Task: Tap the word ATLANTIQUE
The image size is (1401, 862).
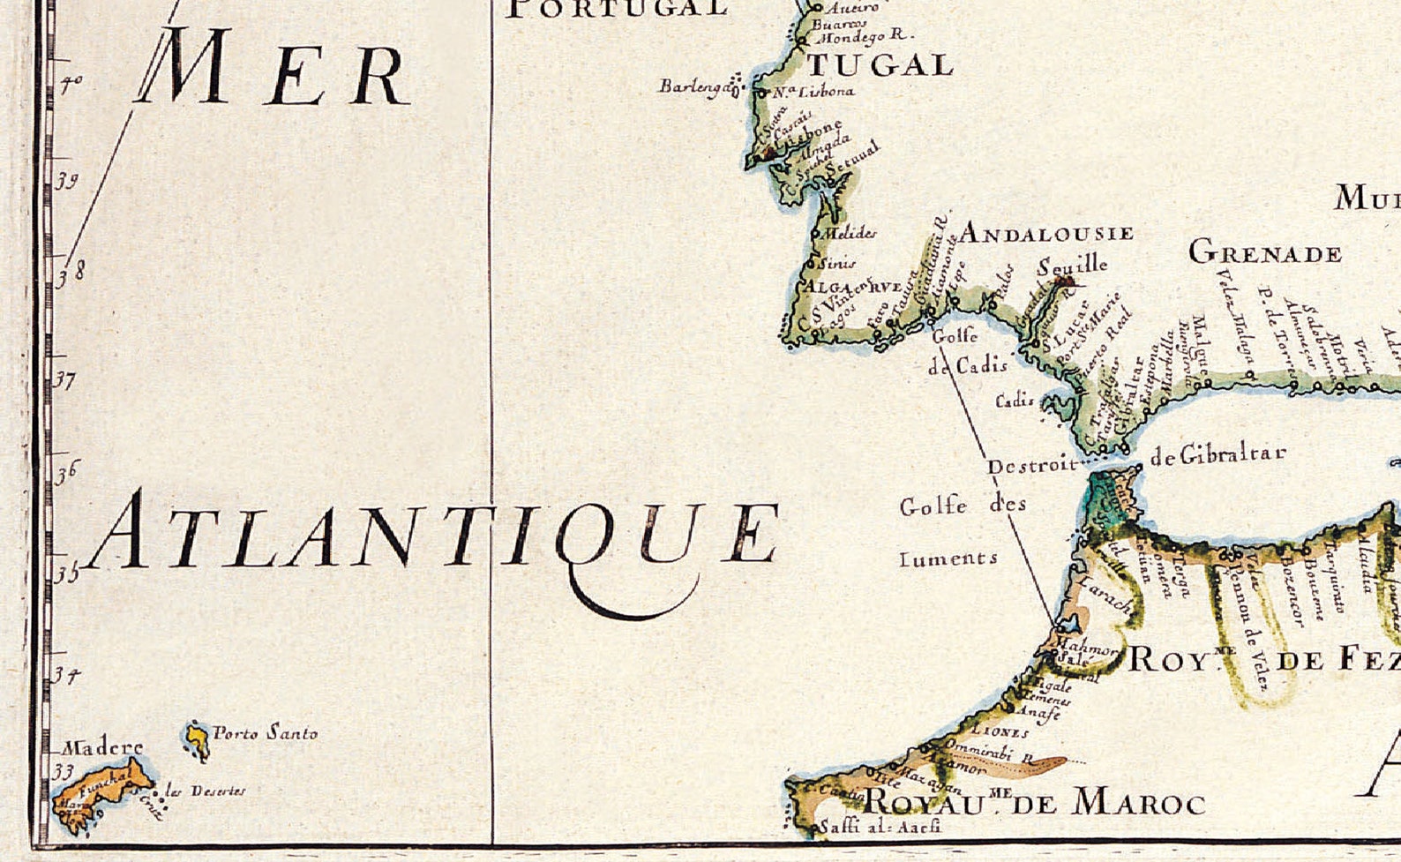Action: click(x=432, y=536)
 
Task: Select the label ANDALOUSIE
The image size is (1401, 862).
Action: click(x=1045, y=234)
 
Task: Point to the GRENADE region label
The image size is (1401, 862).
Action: click(x=1264, y=253)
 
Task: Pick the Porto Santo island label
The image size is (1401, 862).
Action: click(x=265, y=732)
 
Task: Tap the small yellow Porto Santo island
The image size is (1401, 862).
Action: click(x=198, y=739)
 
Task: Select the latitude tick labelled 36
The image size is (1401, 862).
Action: click(x=67, y=473)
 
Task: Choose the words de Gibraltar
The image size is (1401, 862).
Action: click(x=1217, y=454)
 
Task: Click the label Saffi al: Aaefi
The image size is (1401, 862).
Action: click(x=880, y=827)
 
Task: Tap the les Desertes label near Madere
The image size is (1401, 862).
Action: click(x=206, y=791)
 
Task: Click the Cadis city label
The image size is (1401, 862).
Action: click(x=1015, y=400)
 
